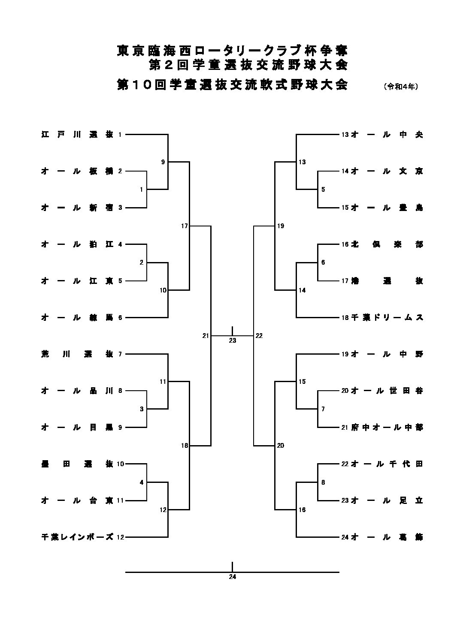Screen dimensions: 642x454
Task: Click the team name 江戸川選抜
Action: coord(77,135)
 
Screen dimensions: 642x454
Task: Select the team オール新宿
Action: coord(77,208)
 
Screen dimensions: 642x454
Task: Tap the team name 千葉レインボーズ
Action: coord(77,537)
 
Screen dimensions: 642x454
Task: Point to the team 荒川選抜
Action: coord(77,354)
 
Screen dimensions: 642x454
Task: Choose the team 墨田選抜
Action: coord(77,464)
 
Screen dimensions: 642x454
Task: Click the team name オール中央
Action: coord(387,135)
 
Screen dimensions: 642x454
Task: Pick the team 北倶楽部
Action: coord(387,244)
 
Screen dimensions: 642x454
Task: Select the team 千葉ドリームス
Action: coord(387,318)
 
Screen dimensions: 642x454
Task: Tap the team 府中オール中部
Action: coord(387,428)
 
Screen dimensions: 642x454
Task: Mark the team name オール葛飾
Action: coord(387,537)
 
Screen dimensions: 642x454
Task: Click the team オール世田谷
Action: coord(387,391)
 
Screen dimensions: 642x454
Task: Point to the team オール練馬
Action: coord(77,318)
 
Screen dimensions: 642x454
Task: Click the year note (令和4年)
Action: coord(401,86)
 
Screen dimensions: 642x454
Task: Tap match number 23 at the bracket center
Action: coord(233,341)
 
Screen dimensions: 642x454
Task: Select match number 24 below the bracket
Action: coord(233,577)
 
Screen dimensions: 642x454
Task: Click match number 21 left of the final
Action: coord(206,336)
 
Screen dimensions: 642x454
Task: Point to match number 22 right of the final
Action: coord(259,336)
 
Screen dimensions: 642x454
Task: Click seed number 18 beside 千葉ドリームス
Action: coord(345,318)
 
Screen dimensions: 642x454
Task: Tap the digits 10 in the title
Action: coord(142,84)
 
